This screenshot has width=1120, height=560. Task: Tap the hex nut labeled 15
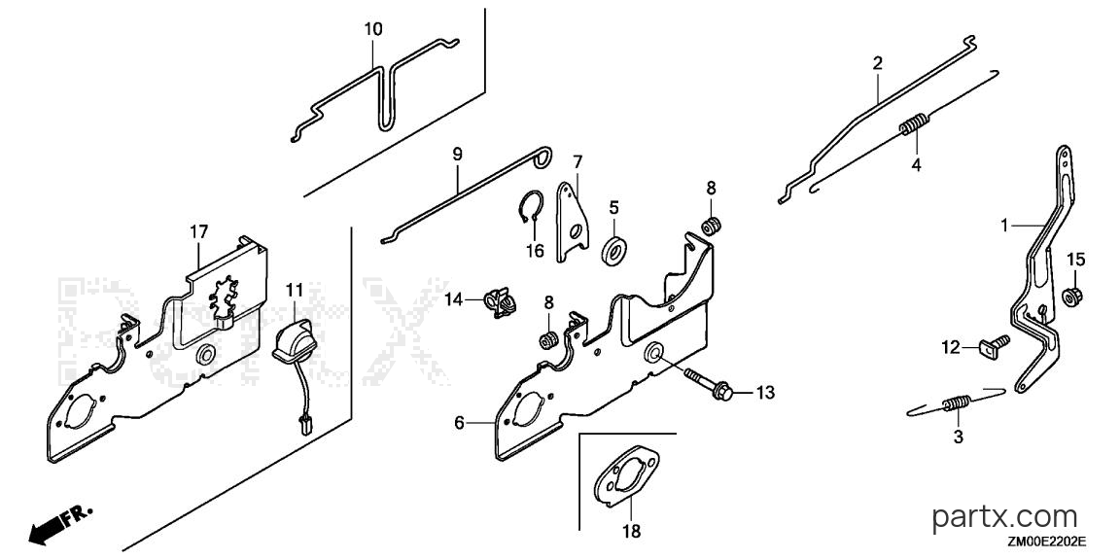[1072, 294]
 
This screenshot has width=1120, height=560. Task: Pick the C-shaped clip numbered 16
[528, 210]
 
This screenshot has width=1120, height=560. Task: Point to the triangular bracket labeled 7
[573, 221]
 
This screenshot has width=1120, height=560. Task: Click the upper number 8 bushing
[711, 227]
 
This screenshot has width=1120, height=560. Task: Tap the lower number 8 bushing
[547, 340]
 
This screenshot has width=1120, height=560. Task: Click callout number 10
[373, 29]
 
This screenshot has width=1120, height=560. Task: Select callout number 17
[198, 231]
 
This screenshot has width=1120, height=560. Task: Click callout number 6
[459, 423]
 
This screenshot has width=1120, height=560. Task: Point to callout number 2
[877, 63]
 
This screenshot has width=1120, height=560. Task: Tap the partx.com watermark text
[1005, 515]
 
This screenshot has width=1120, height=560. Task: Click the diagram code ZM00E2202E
[1047, 542]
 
